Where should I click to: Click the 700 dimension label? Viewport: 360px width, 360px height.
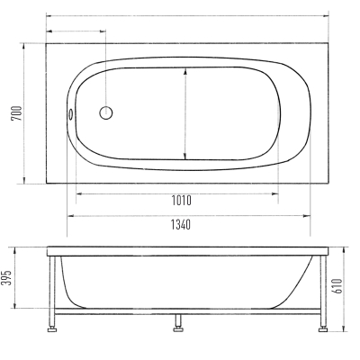point(17,113)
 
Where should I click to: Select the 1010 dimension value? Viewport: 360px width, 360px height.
point(181,201)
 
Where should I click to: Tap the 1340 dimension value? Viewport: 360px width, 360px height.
point(181,224)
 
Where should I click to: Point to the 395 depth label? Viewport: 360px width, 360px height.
point(7,278)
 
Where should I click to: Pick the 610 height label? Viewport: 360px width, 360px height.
point(337,286)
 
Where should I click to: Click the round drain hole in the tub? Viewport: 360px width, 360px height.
point(106,112)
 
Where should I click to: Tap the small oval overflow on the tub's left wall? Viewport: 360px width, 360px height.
point(70,114)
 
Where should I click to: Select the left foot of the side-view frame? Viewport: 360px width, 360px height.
point(53,330)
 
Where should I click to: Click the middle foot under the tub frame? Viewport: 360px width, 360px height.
point(178,329)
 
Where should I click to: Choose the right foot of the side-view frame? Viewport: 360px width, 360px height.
point(323,329)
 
